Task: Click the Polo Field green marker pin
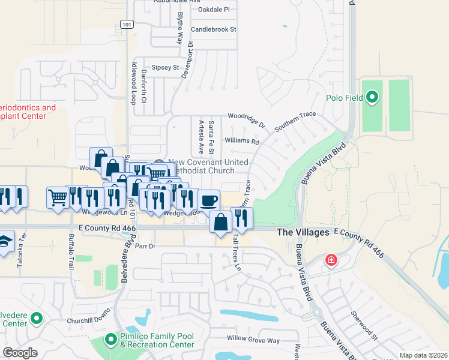[x=372, y=97]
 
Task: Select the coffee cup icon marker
[x=208, y=200]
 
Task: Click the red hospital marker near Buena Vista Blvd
[x=330, y=260]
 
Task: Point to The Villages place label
[x=303, y=232]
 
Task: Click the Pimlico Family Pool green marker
[x=110, y=340]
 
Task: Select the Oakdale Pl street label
[x=209, y=10]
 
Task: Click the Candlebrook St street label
[x=213, y=29]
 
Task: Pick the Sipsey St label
[x=166, y=68]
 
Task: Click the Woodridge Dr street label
[x=246, y=116]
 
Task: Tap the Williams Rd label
[x=241, y=142]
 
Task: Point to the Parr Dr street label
[x=145, y=246]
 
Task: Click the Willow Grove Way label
[x=253, y=341]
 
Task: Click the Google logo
[x=20, y=352]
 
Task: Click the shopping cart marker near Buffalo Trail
[x=58, y=197]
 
